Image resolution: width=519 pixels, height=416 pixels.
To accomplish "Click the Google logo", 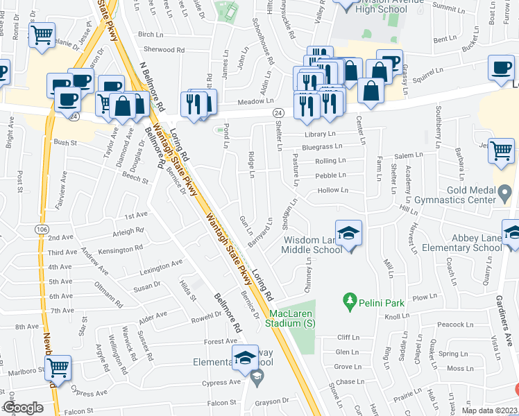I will (23, 408).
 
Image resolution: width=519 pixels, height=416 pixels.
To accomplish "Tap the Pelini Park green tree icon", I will (351, 301).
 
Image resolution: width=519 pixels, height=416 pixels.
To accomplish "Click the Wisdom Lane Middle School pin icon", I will (348, 232).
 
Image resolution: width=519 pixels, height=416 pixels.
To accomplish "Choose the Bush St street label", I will (65, 142).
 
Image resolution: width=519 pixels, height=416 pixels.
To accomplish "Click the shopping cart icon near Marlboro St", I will (58, 367).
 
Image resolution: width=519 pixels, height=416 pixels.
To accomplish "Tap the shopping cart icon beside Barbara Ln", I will (500, 151).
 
